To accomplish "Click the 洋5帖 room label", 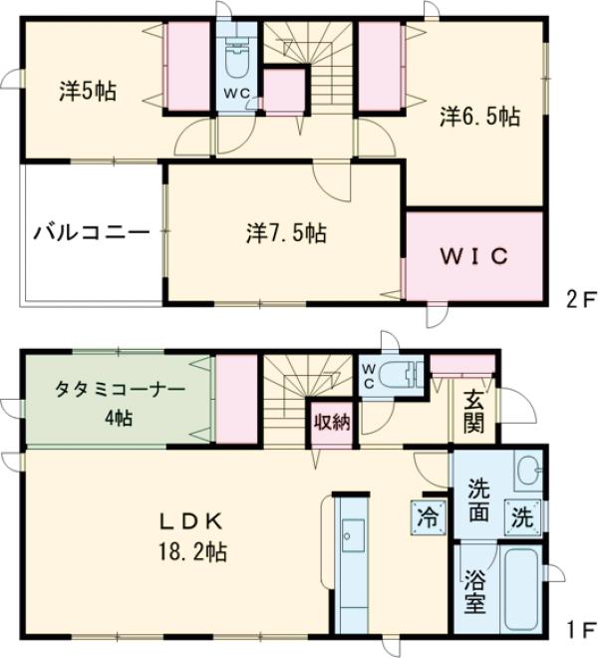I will pos(87,92).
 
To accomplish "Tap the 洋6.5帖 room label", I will pos(479,117).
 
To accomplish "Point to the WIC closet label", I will pos(474,255).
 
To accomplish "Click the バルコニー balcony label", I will pos(91,233).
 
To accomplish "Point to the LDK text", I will pos(191,519).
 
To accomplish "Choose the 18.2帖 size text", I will pos(191,551).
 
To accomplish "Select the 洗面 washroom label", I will pos(478,503).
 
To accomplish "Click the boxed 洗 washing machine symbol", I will pos(522,516).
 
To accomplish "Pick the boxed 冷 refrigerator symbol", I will pos(426,517).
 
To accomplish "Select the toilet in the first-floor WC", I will pos(400,378).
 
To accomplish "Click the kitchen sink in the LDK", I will pos(353,539).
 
